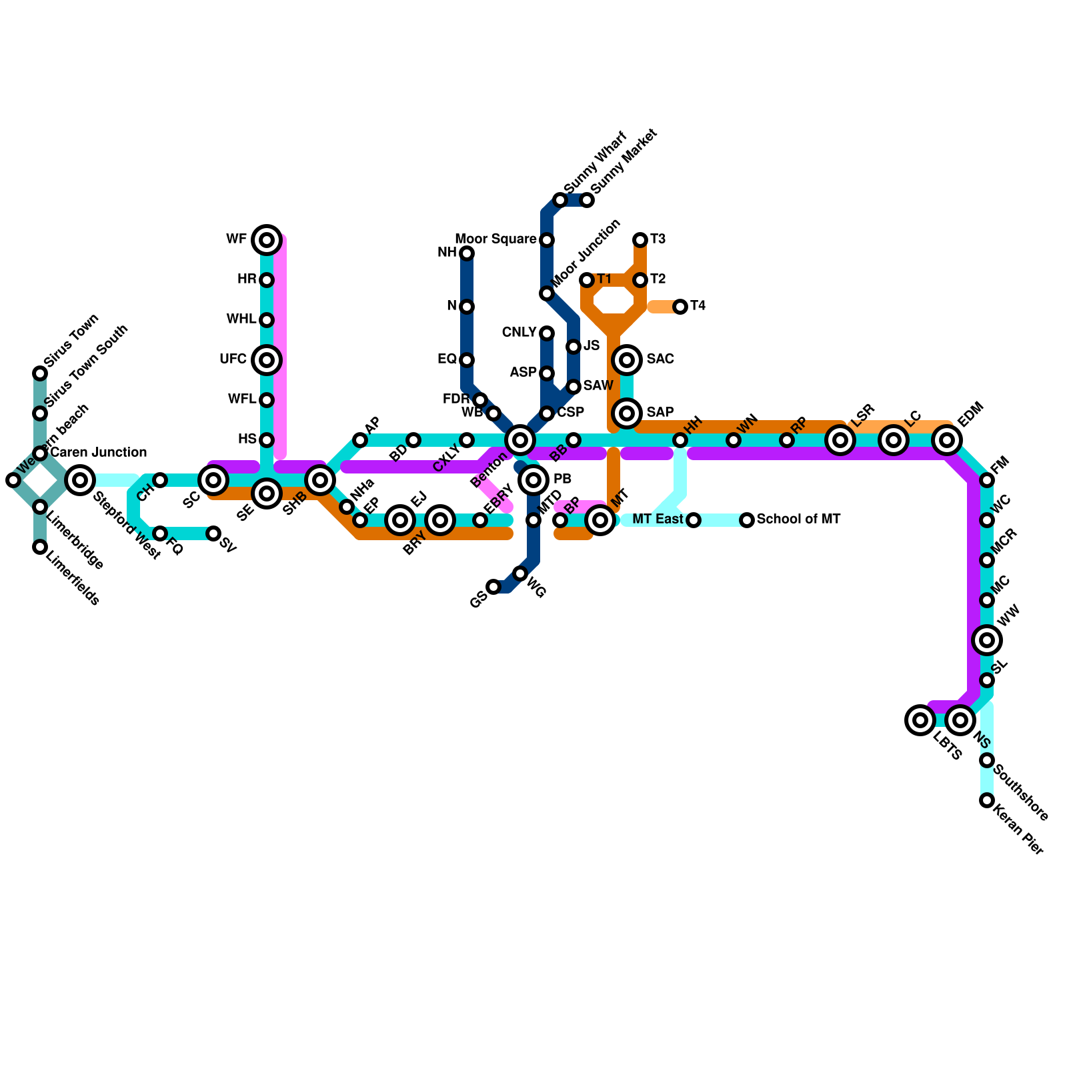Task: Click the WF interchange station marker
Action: pyautogui.click(x=267, y=240)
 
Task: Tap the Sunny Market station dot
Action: pyautogui.click(x=587, y=200)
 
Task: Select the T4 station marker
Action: pyautogui.click(x=680, y=307)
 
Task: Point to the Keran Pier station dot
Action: pyautogui.click(x=987, y=800)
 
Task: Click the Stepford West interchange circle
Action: pyautogui.click(x=80, y=480)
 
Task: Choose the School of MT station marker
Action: pyautogui.click(x=747, y=520)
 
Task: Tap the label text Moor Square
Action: pyautogui.click(x=495, y=239)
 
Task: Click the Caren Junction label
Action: pyautogui.click(x=98, y=453)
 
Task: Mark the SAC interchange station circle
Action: pyautogui.click(x=627, y=360)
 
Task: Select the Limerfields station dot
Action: pyautogui.click(x=40, y=547)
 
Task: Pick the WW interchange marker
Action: pyautogui.click(x=987, y=640)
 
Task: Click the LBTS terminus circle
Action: pyautogui.click(x=920, y=720)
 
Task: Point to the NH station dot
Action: pyautogui.click(x=467, y=253)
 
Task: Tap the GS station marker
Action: pyautogui.click(x=493, y=587)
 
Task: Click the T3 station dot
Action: pyautogui.click(x=640, y=240)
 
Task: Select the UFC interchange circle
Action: pyautogui.click(x=267, y=360)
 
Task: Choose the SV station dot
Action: pyautogui.click(x=213, y=533)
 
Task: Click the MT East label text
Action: pyautogui.click(x=658, y=519)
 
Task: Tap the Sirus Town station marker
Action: pyautogui.click(x=40, y=373)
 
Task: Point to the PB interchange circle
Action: pyautogui.click(x=533, y=480)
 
